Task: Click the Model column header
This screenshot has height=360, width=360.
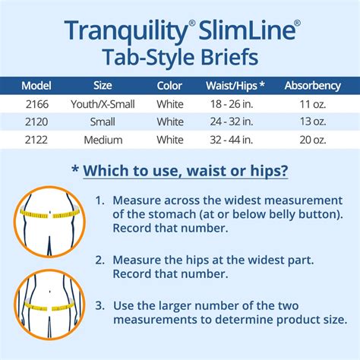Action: pyautogui.click(x=36, y=86)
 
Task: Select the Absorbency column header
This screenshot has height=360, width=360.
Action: pyautogui.click(x=313, y=86)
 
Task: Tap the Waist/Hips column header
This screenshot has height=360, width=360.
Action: pyautogui.click(x=235, y=86)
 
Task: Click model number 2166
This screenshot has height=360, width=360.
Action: pyautogui.click(x=37, y=104)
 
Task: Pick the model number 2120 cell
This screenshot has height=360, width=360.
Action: pyautogui.click(x=36, y=122)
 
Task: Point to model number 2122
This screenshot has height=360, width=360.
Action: pyautogui.click(x=36, y=140)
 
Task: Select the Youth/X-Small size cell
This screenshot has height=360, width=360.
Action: pyautogui.click(x=103, y=104)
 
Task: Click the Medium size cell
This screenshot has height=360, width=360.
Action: pyautogui.click(x=103, y=140)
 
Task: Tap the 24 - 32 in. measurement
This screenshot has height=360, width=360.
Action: pyautogui.click(x=232, y=122)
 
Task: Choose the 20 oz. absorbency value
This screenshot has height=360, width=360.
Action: pyautogui.click(x=313, y=140)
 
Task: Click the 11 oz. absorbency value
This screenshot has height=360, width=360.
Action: pyautogui.click(x=313, y=104)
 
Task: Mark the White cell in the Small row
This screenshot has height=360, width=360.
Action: pyautogui.click(x=170, y=122)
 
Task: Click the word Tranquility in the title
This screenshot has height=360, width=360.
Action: pyautogui.click(x=126, y=31)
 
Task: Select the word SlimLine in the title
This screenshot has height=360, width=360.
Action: pyautogui.click(x=248, y=30)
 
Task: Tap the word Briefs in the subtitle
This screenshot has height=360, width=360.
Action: pyautogui.click(x=229, y=57)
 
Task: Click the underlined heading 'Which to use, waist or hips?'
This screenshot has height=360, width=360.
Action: pyautogui.click(x=185, y=171)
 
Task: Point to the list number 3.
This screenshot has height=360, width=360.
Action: pyautogui.click(x=99, y=305)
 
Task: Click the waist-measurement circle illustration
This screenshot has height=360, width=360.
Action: pyautogui.click(x=49, y=222)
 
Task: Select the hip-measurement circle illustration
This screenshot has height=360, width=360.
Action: pyautogui.click(x=49, y=305)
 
